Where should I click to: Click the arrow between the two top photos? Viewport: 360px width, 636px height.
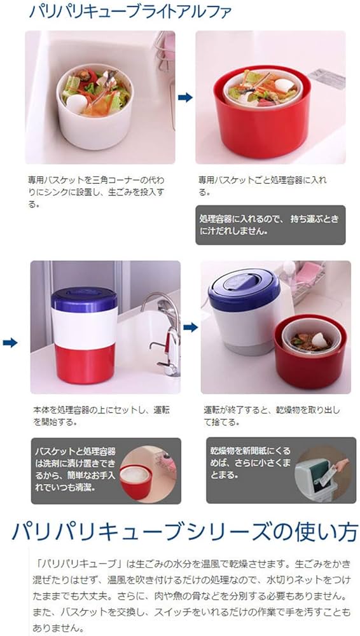(185, 97)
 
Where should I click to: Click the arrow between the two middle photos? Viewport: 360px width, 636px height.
(190, 327)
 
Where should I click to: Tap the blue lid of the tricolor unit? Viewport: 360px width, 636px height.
(84, 300)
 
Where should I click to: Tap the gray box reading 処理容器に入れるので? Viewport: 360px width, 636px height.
(270, 225)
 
